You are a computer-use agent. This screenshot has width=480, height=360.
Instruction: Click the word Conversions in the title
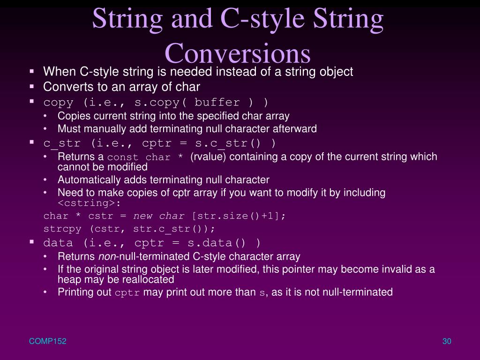[238, 53]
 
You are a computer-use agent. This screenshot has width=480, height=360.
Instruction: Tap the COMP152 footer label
[48, 342]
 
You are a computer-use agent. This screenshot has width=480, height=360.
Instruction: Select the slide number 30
[446, 342]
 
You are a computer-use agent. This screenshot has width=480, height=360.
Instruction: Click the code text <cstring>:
[90, 203]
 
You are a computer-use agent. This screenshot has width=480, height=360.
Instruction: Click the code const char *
[146, 157]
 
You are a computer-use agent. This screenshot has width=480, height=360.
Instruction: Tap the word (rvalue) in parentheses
[208, 157]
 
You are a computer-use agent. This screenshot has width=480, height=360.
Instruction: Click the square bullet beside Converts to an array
[32, 87]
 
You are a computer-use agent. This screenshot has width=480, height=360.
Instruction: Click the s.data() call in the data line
[217, 243]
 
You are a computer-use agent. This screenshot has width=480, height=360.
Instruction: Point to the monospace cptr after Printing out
[127, 293]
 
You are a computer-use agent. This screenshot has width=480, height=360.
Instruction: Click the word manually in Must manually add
[98, 128]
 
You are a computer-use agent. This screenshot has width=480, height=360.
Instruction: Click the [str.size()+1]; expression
[238, 216]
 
